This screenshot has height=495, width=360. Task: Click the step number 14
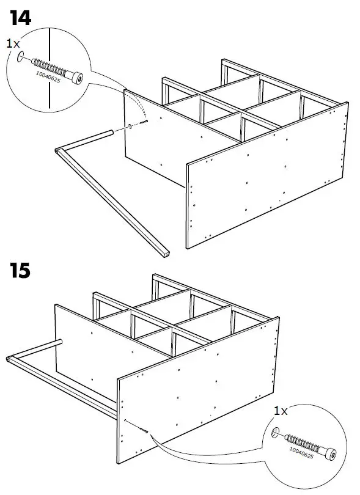(x=20, y=18)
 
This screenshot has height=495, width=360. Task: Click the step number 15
(x=20, y=269)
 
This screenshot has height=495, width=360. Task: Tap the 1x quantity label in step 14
(x=13, y=44)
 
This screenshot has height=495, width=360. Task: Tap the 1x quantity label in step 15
(x=281, y=411)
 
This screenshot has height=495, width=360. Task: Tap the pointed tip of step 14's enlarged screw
(x=21, y=57)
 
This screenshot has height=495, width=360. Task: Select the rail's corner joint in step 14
(x=57, y=150)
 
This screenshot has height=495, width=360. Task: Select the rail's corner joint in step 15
(x=9, y=360)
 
